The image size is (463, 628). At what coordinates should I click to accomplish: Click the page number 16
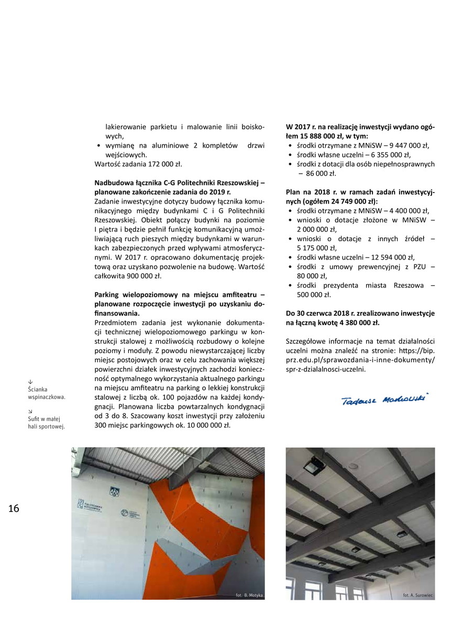click(14, 508)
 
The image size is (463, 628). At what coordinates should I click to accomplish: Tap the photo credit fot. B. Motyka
click(249, 595)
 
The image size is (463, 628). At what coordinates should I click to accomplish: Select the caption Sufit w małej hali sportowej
click(46, 422)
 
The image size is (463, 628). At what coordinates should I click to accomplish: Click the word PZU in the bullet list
click(420, 267)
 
